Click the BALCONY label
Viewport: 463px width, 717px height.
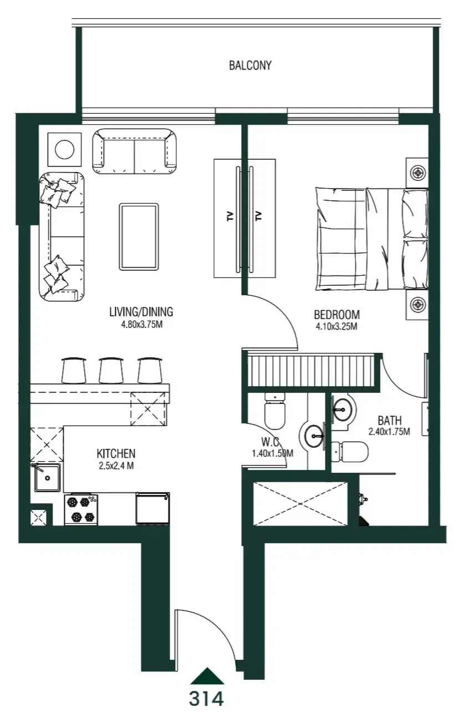coord(250,65)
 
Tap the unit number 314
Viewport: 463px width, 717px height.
coord(206,699)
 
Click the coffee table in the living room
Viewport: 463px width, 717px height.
coord(139,236)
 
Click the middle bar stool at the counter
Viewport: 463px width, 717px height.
coord(110,370)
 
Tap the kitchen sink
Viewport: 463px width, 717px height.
coord(48,477)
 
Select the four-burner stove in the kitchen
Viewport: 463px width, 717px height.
coord(81,509)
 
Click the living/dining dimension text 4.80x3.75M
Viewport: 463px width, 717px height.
coord(141,325)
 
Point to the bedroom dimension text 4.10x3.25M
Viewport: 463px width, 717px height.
coord(337,326)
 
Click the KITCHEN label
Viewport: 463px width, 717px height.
coord(116,454)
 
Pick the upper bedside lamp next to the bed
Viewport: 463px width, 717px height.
coord(417,173)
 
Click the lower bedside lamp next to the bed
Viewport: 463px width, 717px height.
coord(417,304)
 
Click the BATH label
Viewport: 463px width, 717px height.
coord(389,421)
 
